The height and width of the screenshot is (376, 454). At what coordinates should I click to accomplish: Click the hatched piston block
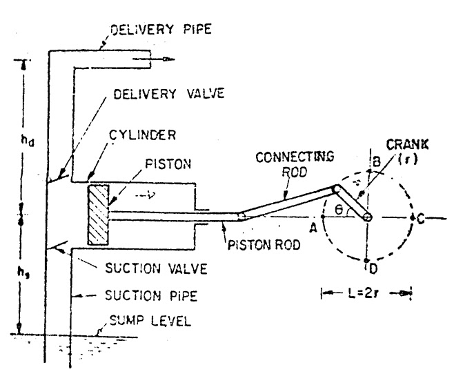[98, 213]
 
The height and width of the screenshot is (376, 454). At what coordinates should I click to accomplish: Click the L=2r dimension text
[366, 295]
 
